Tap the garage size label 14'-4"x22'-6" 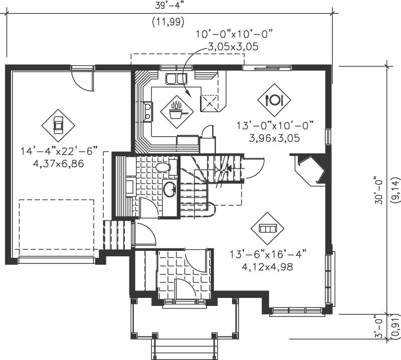click(x=59, y=151)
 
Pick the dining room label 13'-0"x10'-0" click(x=275, y=125)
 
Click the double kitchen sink click(x=176, y=78)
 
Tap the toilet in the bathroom click(x=163, y=167)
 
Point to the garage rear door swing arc click(x=82, y=80)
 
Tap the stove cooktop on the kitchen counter click(x=148, y=111)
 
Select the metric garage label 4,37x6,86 click(x=59, y=163)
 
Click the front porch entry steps click(x=184, y=346)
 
